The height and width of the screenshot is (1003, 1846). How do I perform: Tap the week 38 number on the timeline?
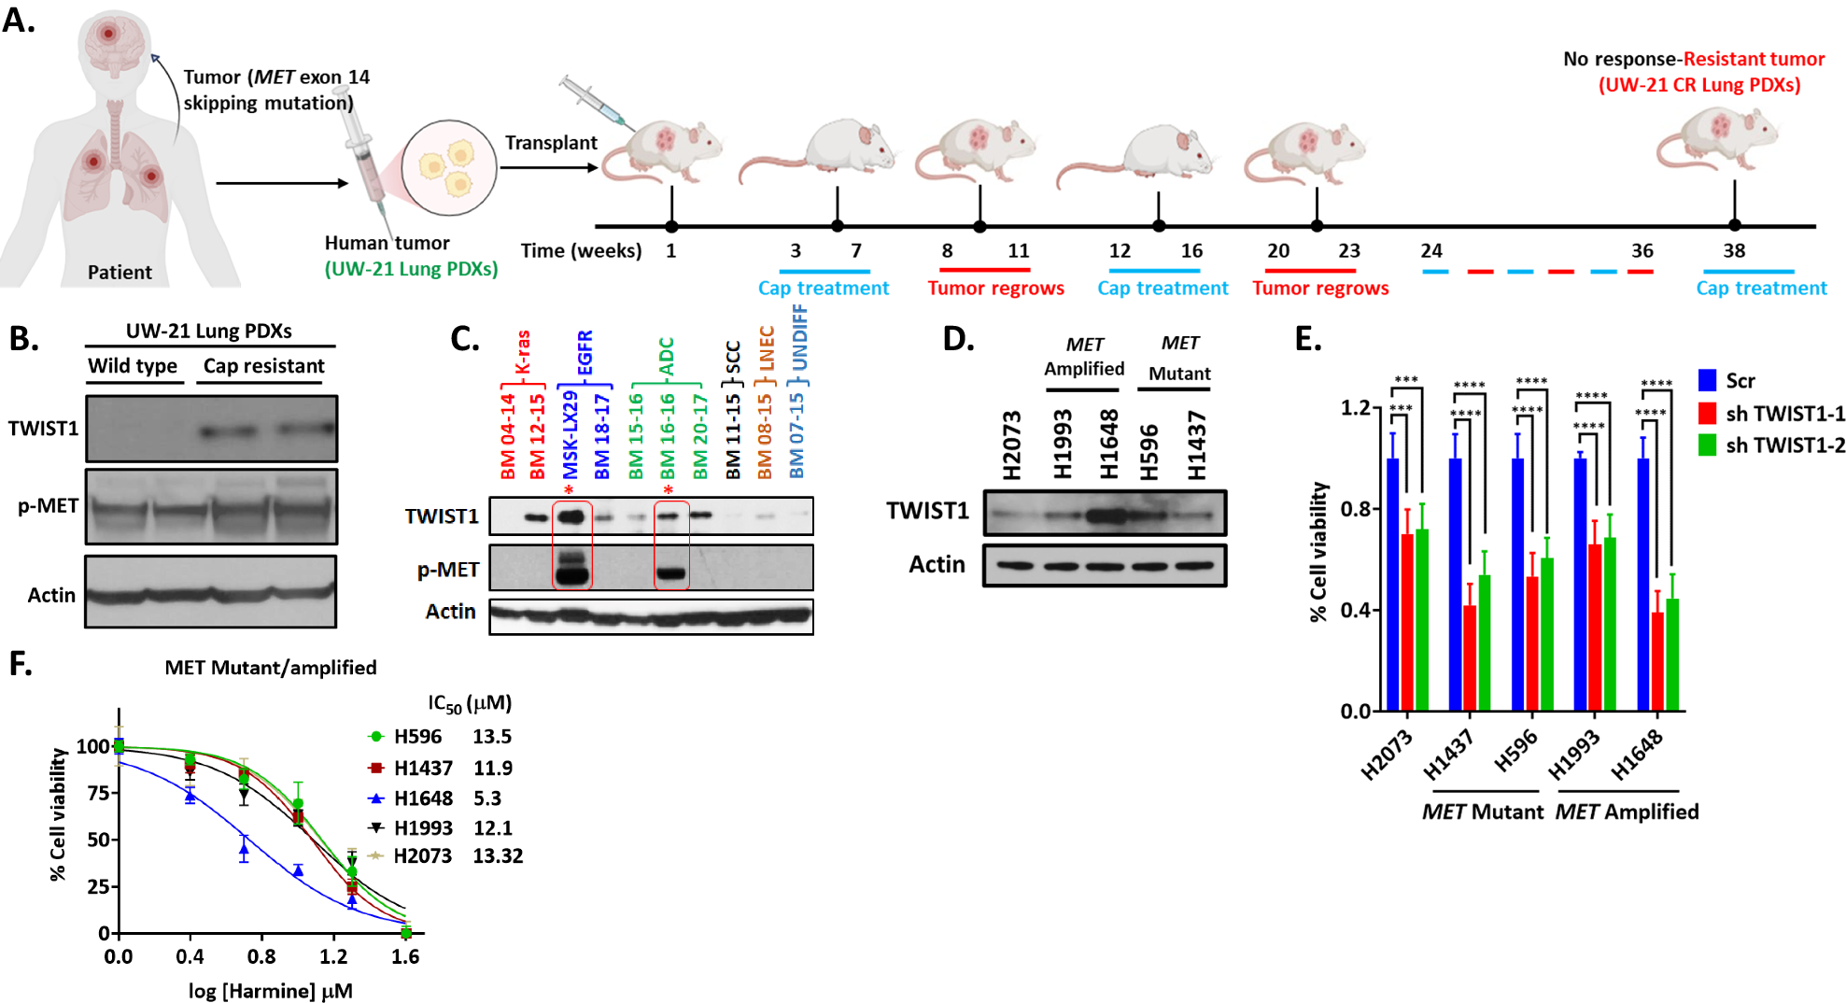click(x=1733, y=250)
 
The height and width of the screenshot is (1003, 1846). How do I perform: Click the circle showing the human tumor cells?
click(x=448, y=168)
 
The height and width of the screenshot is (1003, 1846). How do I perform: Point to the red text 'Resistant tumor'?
click(x=1753, y=59)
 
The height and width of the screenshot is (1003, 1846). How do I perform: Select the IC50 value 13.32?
click(x=497, y=856)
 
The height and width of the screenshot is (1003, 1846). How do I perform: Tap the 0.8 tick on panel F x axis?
click(x=261, y=956)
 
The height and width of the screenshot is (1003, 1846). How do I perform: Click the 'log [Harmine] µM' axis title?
click(x=270, y=991)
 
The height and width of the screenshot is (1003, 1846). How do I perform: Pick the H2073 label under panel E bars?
click(x=1386, y=756)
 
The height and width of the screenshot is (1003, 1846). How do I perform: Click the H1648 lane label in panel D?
click(x=1108, y=445)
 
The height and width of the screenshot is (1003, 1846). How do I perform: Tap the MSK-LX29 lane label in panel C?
click(x=571, y=435)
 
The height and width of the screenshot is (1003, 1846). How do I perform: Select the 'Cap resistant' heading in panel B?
click(x=263, y=366)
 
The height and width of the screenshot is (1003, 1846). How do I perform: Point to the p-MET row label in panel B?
click(x=48, y=506)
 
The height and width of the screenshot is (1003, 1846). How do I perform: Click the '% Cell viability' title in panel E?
click(x=1318, y=551)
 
